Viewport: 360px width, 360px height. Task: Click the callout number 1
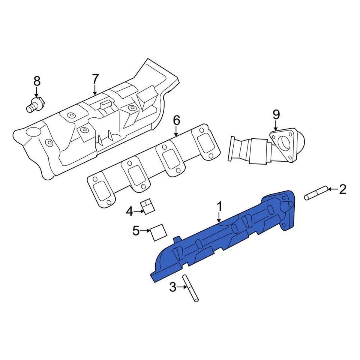point(220,207)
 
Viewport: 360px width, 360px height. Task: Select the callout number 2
point(343,190)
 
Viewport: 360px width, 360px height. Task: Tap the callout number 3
point(172,287)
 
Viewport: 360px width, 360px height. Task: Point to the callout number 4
point(129,212)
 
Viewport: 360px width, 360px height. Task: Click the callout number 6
point(177,120)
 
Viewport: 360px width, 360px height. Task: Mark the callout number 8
point(36,81)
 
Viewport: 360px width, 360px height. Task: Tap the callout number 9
point(276,114)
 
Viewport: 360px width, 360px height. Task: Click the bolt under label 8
point(35,104)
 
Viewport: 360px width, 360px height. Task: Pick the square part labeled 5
point(158,231)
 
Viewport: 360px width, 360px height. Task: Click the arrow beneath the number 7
point(95,90)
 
